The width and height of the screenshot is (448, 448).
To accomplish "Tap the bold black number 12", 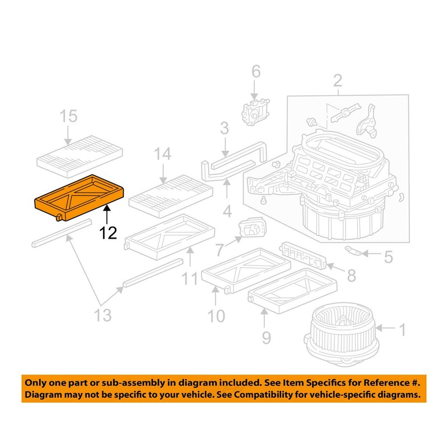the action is click(x=108, y=232).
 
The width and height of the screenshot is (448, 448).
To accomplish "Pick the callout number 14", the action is click(x=162, y=155).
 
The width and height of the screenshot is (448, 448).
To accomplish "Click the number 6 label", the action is click(x=255, y=71).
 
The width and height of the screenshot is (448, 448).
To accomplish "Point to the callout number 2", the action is click(x=338, y=81).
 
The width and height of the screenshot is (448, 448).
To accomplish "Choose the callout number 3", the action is click(x=224, y=129).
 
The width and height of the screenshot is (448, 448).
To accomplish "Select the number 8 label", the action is click(x=351, y=276).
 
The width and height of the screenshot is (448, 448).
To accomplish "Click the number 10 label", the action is click(x=216, y=316).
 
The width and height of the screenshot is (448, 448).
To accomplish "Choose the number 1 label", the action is click(x=401, y=330).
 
